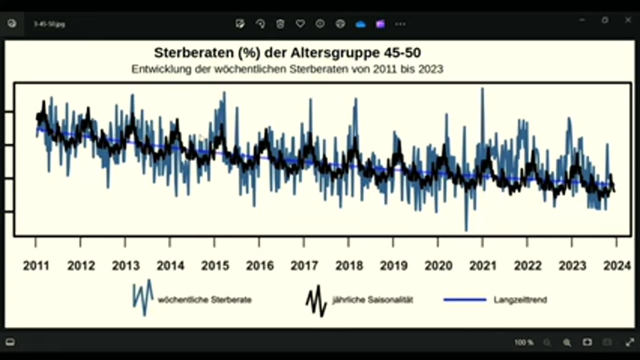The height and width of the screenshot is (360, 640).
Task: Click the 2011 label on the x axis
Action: [x=36, y=265]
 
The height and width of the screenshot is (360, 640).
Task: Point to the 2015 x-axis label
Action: [x=215, y=265]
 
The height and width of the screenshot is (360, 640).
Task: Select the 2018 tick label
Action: [x=349, y=265]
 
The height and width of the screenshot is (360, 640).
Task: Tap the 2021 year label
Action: [x=483, y=265]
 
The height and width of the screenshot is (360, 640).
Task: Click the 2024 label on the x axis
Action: [x=617, y=265]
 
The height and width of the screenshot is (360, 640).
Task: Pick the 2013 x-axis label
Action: [x=125, y=265]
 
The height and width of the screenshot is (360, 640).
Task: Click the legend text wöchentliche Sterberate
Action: [x=204, y=300]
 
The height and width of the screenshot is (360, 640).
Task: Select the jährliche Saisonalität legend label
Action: [x=372, y=300]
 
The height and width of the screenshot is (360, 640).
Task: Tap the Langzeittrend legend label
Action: [x=520, y=300]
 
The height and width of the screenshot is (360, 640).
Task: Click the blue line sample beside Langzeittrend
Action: [x=465, y=300]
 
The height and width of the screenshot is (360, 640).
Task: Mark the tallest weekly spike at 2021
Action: [x=482, y=89]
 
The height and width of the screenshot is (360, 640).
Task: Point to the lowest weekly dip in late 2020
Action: [x=466, y=230]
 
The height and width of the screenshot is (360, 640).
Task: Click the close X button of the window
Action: [x=628, y=20]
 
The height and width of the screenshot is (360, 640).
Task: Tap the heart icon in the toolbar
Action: [x=300, y=23]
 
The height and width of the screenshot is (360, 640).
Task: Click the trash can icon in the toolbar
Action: [x=280, y=23]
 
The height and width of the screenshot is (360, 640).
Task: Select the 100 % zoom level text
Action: [x=524, y=342]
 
